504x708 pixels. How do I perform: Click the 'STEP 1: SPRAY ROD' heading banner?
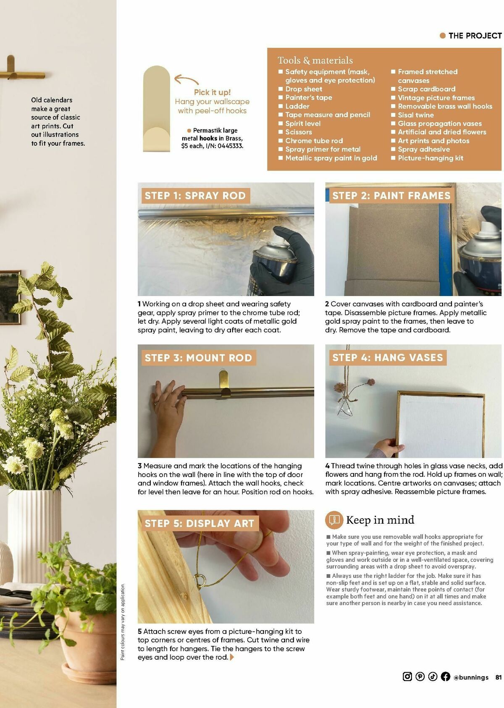[x=195, y=196]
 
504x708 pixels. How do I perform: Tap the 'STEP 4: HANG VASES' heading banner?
[x=387, y=358]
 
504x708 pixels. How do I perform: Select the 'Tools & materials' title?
[x=315, y=60]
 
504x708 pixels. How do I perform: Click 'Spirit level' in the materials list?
[x=303, y=123]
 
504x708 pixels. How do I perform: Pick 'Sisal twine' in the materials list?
[x=416, y=115]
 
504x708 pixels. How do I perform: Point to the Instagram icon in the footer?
[x=407, y=677]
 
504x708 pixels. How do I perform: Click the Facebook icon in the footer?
[x=446, y=677]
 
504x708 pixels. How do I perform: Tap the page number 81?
[x=499, y=677]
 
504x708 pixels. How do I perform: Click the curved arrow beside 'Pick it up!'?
[x=186, y=79]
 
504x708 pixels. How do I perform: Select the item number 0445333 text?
[x=230, y=146]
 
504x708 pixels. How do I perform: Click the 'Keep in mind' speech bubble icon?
[x=334, y=520]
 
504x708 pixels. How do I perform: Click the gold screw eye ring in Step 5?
[x=201, y=581]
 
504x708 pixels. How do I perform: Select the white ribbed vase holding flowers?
[x=34, y=533]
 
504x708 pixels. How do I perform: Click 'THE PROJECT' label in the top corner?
[x=475, y=36]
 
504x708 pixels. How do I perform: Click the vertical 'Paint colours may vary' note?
[x=123, y=621]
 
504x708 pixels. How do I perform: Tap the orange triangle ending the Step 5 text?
[x=232, y=657]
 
